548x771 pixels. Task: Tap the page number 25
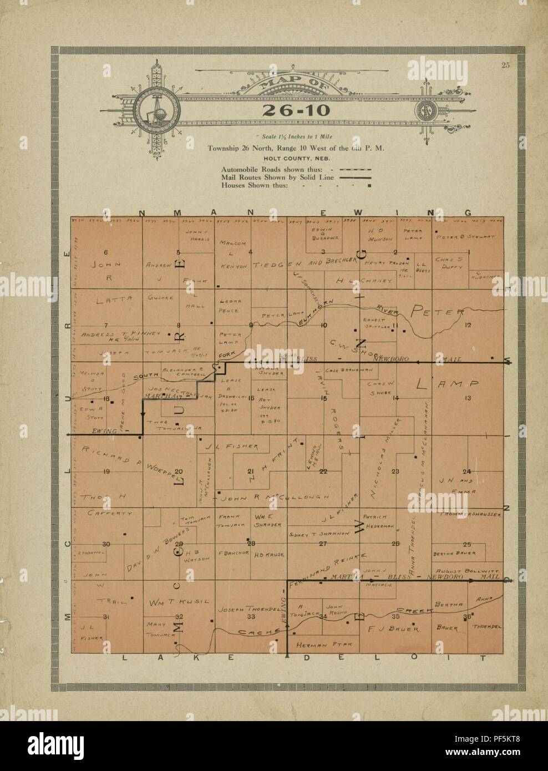(505, 66)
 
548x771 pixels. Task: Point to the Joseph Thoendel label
(247, 607)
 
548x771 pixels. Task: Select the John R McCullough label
(277, 497)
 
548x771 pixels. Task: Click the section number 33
(251, 616)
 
